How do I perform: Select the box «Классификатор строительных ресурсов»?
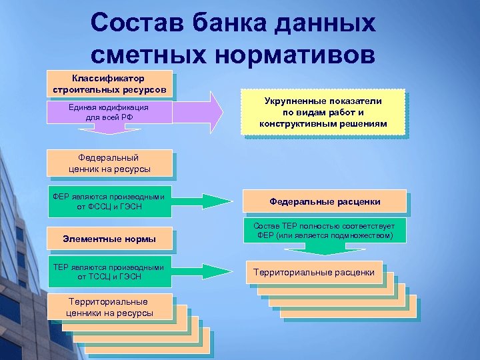(110, 84)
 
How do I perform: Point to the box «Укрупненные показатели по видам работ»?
(323, 112)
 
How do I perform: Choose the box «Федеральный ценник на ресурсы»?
(110, 163)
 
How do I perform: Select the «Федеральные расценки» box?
(325, 201)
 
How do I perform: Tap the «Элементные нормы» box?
(110, 238)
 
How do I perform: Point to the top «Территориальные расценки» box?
(313, 272)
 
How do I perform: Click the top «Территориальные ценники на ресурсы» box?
(110, 307)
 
